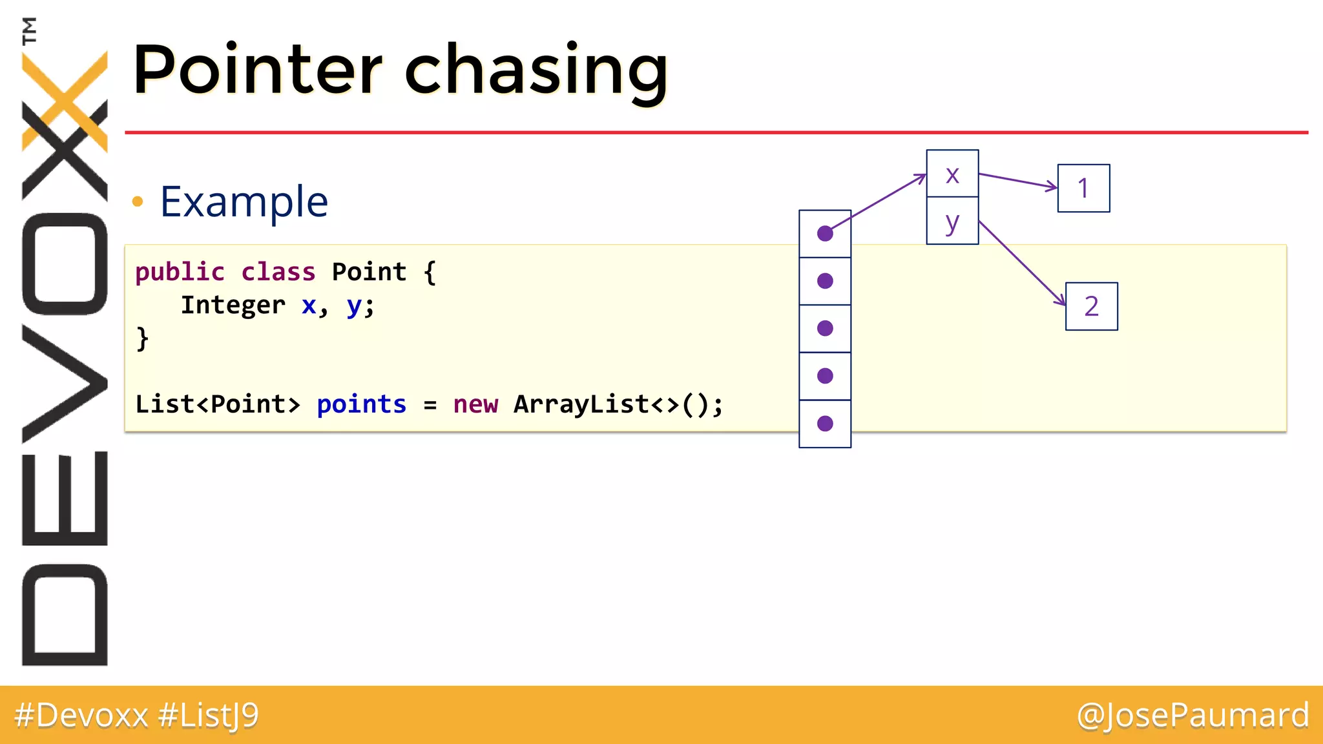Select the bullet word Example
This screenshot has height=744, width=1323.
coord(244,201)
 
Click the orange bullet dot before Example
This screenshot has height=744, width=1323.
coord(137,201)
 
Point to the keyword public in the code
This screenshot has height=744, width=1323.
coord(180,272)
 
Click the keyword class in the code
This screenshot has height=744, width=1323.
coord(278,272)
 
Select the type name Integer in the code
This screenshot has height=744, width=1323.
coord(233,305)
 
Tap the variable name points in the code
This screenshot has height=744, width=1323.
coord(361,404)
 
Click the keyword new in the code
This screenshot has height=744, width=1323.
coord(475,404)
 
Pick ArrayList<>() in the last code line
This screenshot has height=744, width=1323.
coord(618,404)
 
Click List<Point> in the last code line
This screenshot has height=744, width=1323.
coord(218,404)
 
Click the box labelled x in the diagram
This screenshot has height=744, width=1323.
coord(952,174)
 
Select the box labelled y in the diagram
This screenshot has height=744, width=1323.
coord(952,222)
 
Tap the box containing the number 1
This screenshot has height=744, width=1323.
coord(1083,188)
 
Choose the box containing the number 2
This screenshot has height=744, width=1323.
coord(1091,306)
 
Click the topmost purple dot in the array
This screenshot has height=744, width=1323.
coord(825,234)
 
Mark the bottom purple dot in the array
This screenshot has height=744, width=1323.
coord(825,424)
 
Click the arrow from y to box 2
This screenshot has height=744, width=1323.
coord(1021,263)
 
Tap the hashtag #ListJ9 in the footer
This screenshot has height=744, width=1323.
coord(208,715)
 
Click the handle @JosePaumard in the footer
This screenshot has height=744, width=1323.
coord(1193,715)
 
